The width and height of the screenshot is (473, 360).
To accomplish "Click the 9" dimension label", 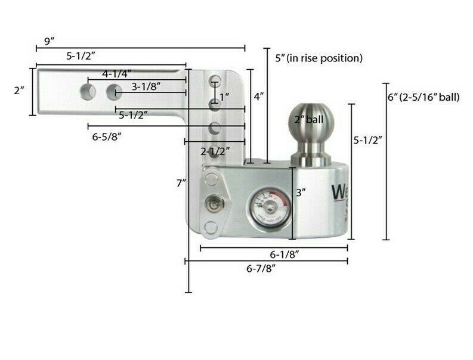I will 49,41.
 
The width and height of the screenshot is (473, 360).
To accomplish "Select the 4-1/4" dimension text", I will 117,74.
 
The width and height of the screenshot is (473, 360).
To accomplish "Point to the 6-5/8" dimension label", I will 108,136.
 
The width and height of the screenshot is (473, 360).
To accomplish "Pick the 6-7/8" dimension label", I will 261,268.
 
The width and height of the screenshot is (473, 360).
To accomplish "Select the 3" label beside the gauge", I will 301,193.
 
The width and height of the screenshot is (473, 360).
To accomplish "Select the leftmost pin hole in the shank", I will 88,91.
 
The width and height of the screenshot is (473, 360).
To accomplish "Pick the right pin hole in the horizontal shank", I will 114,92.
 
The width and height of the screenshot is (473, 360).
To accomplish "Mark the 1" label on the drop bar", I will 224,97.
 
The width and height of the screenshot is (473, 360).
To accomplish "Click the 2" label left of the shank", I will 19,91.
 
